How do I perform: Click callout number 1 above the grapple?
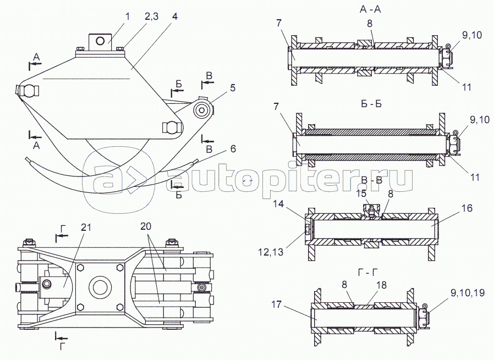(x=128, y=16)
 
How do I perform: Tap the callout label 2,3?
(x=152, y=16)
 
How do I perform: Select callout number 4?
(x=174, y=16)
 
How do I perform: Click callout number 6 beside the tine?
(x=233, y=148)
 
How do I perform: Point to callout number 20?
(x=145, y=228)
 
